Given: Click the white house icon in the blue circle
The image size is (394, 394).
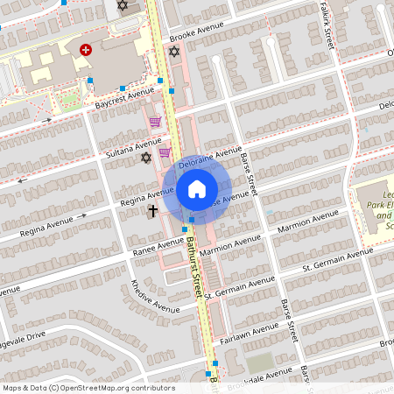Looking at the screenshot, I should [196, 188].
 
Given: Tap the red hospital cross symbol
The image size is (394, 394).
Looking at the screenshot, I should [86, 51].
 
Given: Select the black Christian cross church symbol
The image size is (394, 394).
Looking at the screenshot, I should [153, 211].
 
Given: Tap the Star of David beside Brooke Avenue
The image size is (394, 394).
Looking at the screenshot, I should [174, 53].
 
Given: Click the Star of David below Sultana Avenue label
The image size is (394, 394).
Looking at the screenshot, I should [146, 158].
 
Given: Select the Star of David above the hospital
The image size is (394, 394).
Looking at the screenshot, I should [123, 6].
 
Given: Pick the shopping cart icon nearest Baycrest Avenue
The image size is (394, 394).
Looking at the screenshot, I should [155, 123].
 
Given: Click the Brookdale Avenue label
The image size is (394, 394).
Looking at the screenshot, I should [255, 376].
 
